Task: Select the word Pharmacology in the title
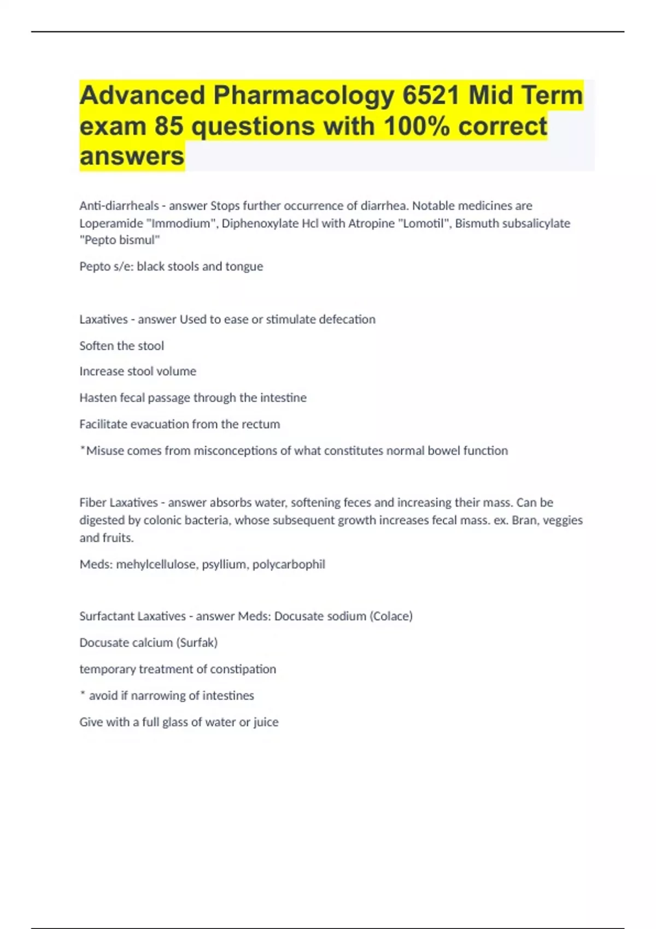tap(303, 96)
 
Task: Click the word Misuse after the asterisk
tap(105, 451)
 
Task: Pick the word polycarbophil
tap(289, 565)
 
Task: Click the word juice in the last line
tap(266, 722)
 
